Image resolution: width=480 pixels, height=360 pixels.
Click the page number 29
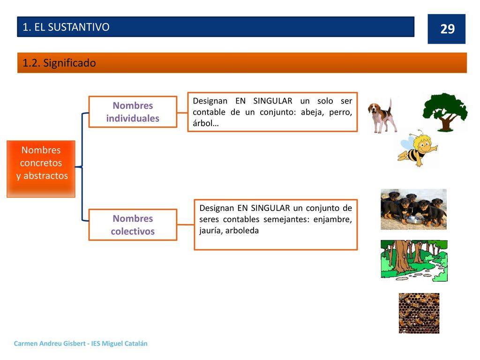(x=447, y=29)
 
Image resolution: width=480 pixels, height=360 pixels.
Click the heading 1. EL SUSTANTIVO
(x=66, y=27)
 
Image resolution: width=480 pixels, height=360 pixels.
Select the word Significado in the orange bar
(x=69, y=63)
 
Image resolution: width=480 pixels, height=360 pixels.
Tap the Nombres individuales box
(x=133, y=112)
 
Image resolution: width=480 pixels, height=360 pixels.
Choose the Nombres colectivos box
(x=133, y=225)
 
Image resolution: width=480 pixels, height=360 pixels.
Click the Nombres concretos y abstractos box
(x=41, y=169)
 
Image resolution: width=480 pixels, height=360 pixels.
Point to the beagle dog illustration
(x=382, y=116)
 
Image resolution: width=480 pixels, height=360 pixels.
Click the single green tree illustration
(x=445, y=112)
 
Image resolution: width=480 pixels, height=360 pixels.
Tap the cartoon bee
(x=417, y=149)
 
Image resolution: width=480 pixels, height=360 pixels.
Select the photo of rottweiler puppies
(x=413, y=210)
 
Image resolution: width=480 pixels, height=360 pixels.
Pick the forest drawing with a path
(x=414, y=261)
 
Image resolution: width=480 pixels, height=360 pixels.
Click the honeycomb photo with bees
(x=419, y=313)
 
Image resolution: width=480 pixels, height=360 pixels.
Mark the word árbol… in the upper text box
(x=206, y=123)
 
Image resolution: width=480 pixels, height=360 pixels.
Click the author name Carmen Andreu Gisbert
(x=50, y=344)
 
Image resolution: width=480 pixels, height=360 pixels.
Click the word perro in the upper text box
(x=340, y=112)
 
